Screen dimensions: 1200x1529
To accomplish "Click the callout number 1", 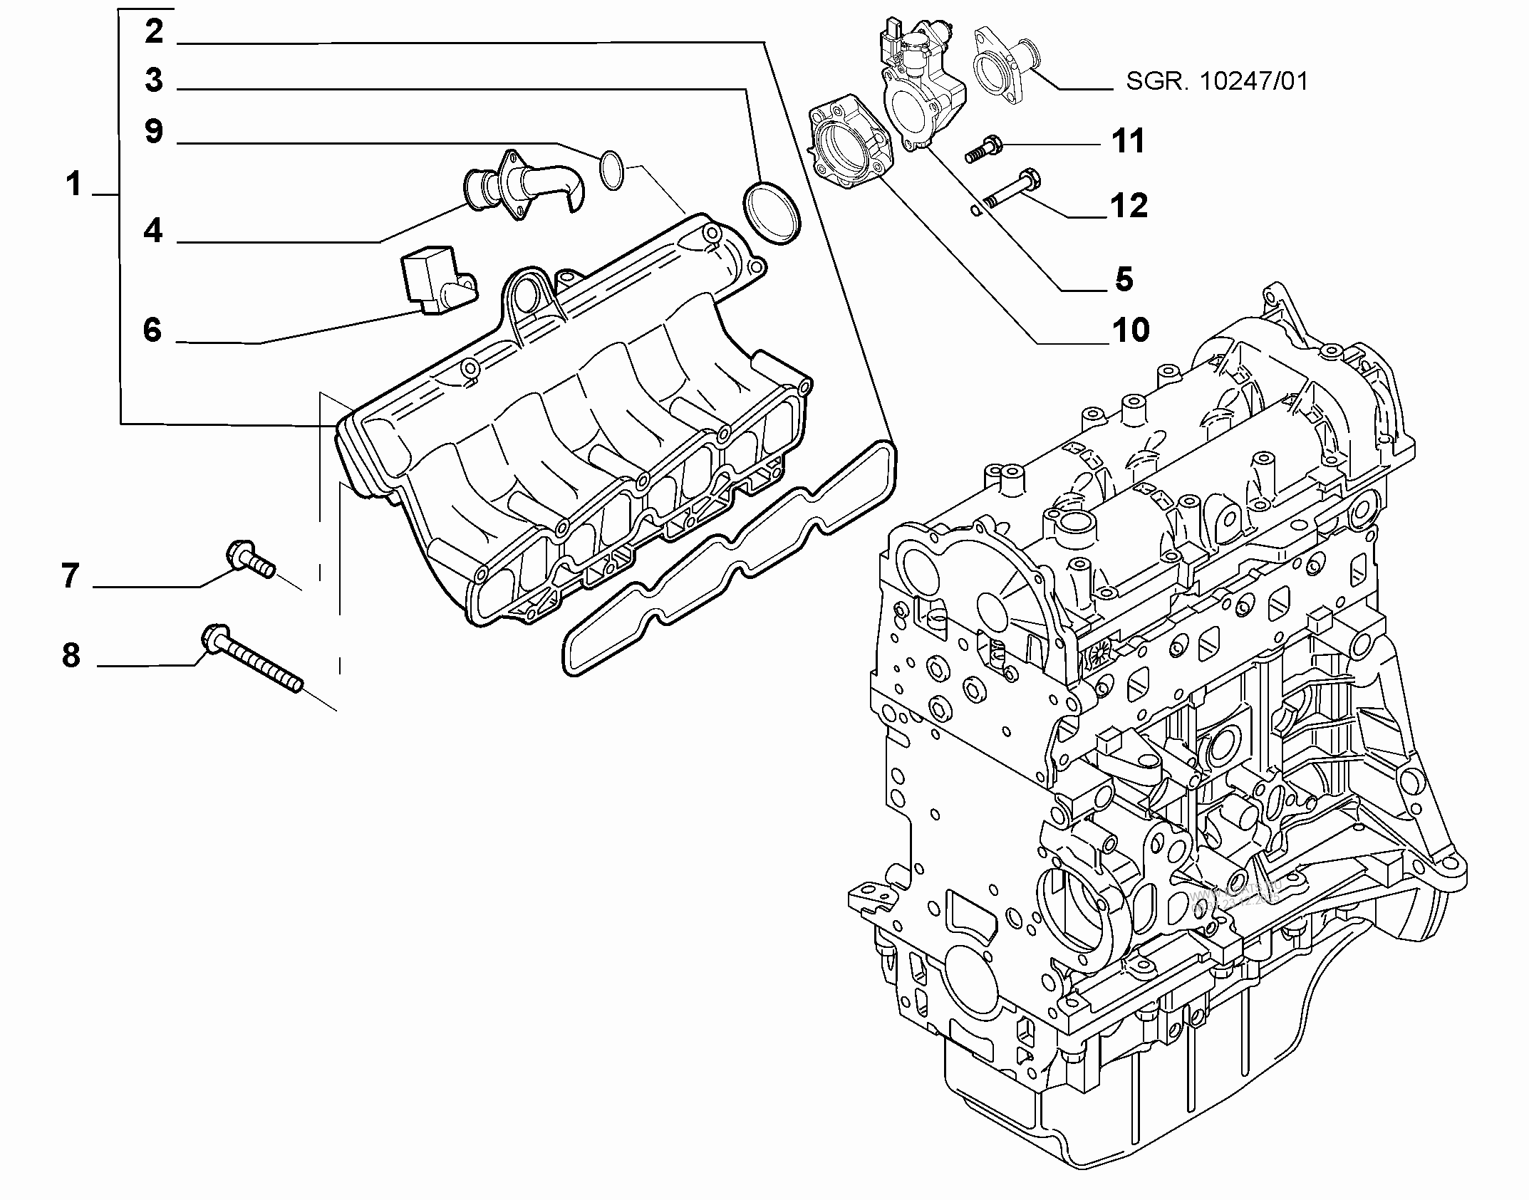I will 74,184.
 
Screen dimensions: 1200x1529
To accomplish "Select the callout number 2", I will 154,32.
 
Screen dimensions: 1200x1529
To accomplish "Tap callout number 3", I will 154,80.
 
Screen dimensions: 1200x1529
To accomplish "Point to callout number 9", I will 154,132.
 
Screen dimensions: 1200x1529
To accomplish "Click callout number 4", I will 153,231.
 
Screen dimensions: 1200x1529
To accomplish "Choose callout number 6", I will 152,330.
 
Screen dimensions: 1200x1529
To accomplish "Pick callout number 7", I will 70,575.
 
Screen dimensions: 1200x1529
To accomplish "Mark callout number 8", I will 71,655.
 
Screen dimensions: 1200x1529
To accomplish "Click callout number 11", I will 1128,141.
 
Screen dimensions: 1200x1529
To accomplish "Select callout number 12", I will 1129,206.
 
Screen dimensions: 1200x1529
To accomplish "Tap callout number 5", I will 1124,279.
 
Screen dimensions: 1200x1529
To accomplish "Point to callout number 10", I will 1131,330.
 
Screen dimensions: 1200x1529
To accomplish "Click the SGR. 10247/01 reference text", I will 1217,82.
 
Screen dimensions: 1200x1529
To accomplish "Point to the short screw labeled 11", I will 985,150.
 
